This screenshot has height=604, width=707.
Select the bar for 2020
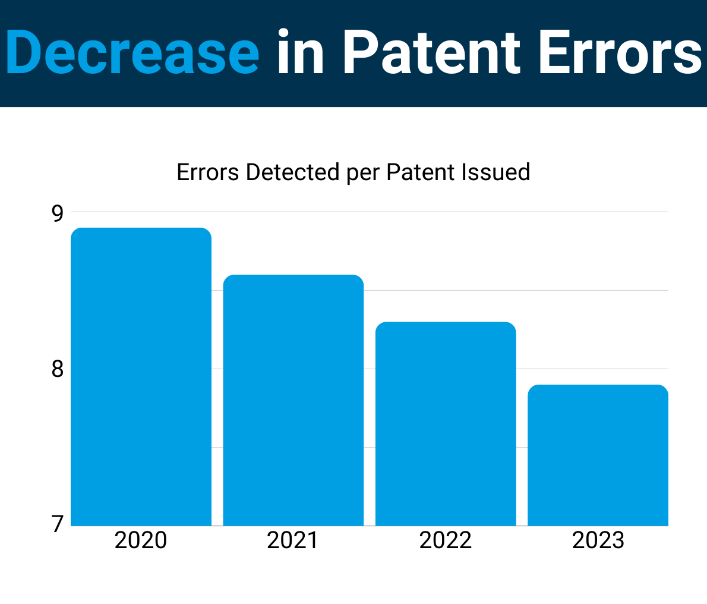pos(141,377)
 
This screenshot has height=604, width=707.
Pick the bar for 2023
pos(598,455)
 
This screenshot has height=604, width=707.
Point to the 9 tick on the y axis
pos(57,213)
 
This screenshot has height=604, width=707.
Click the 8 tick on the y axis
pos(57,369)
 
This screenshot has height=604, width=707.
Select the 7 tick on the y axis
pos(57,525)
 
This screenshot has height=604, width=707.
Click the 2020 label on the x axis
pos(141,540)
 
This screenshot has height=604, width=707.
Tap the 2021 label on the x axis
pos(293,540)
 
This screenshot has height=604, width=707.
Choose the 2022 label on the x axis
pos(446,540)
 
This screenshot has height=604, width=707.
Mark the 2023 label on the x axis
pos(598,540)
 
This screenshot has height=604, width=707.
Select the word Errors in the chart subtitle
pos(208,172)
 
